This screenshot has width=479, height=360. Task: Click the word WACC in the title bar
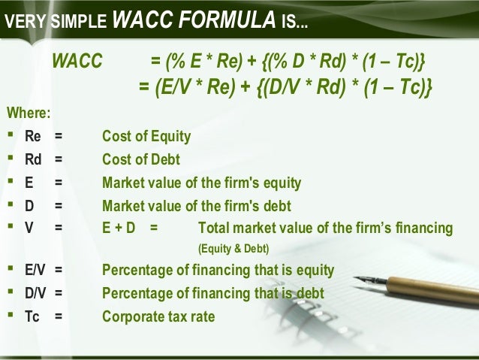pos(140,21)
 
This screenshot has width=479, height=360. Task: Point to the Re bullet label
pos(33,137)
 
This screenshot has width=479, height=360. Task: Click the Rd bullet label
pos(33,159)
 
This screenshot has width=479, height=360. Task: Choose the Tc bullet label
pos(32,317)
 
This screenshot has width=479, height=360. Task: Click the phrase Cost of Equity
pos(146,137)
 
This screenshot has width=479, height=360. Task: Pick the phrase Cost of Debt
pos(141,159)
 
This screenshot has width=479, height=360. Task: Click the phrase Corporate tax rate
pos(158,317)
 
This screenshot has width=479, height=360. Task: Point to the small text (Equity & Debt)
pos(233,249)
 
